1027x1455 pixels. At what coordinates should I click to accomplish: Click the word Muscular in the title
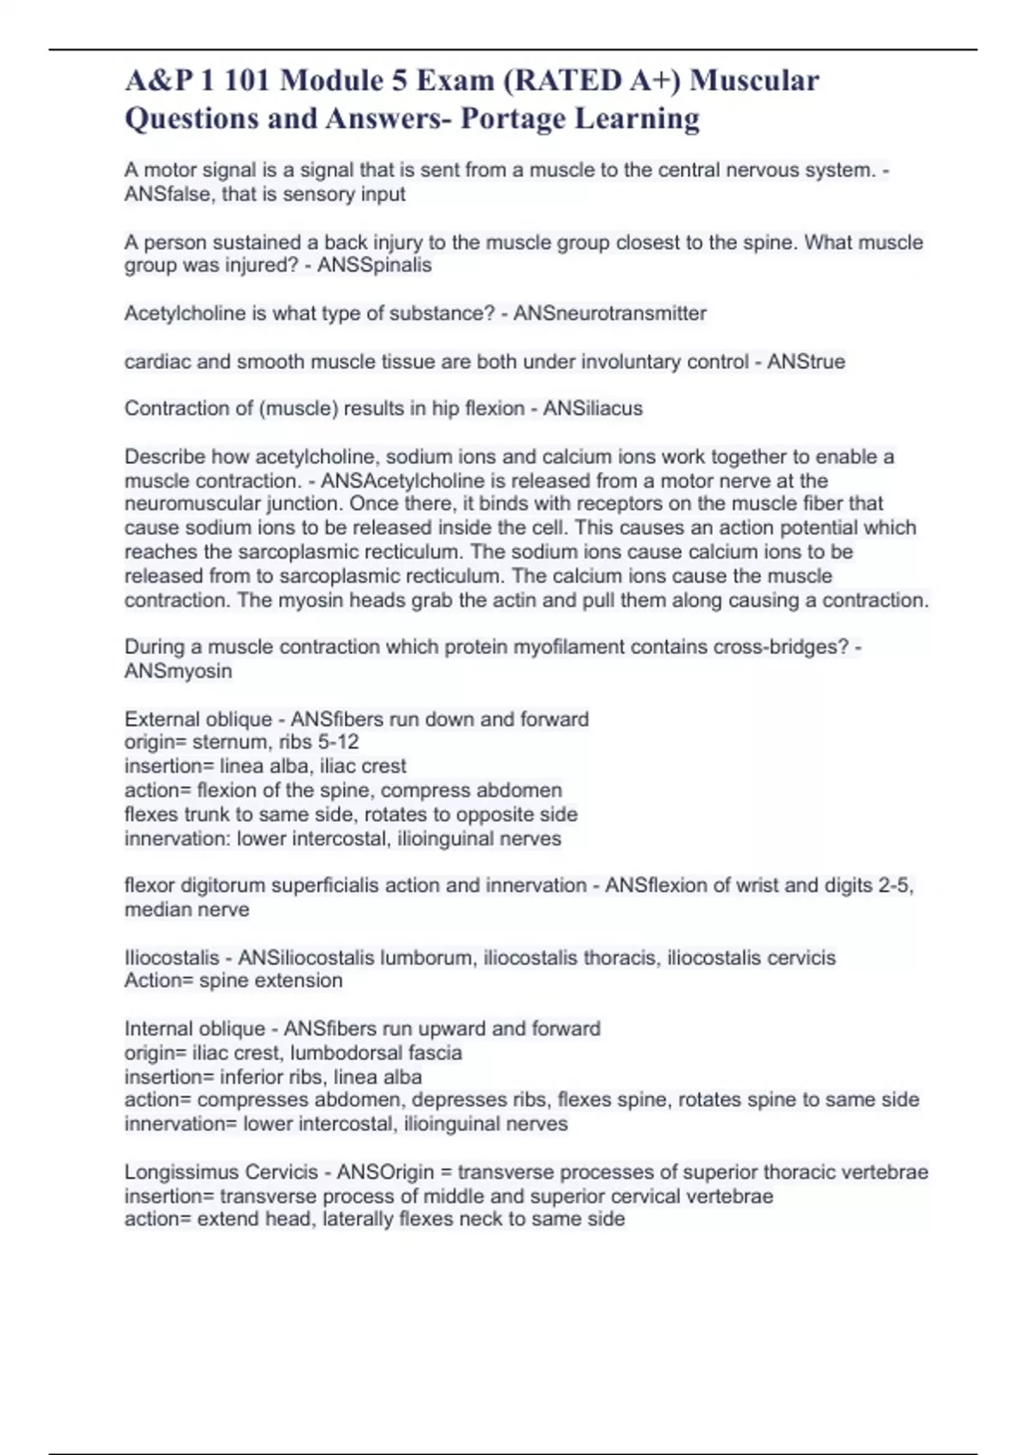click(x=754, y=80)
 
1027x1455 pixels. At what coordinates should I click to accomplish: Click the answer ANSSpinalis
click(x=374, y=265)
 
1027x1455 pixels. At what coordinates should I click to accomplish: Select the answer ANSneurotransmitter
click(x=609, y=313)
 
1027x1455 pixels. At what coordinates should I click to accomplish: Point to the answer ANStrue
click(x=805, y=362)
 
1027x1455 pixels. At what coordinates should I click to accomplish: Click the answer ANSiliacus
click(x=592, y=408)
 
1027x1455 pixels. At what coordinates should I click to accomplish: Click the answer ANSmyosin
click(x=178, y=671)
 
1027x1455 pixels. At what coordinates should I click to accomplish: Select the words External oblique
click(x=198, y=719)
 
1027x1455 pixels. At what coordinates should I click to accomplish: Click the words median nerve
click(x=187, y=909)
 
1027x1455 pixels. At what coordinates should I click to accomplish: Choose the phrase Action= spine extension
click(x=233, y=981)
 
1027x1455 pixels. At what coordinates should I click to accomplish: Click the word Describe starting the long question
click(x=164, y=456)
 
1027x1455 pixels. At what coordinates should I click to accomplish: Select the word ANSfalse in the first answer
click(x=167, y=194)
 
